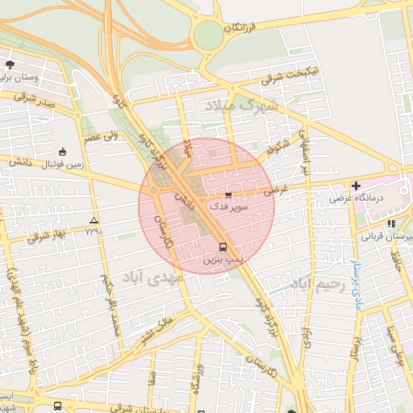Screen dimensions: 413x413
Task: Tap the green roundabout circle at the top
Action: click(x=208, y=35)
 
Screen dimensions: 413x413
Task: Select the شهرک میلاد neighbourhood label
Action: click(x=240, y=105)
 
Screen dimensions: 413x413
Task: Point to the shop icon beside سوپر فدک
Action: click(x=228, y=194)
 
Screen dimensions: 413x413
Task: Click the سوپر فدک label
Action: click(x=228, y=206)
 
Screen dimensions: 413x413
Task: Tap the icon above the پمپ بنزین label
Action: click(x=223, y=248)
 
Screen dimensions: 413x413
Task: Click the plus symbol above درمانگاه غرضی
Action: click(x=356, y=186)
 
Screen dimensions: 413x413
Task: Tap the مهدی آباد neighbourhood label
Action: click(x=153, y=277)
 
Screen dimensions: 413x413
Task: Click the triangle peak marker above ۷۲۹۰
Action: click(x=94, y=219)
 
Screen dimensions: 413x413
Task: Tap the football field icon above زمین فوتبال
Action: click(x=63, y=152)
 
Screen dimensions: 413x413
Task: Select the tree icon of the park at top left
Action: click(x=10, y=64)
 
